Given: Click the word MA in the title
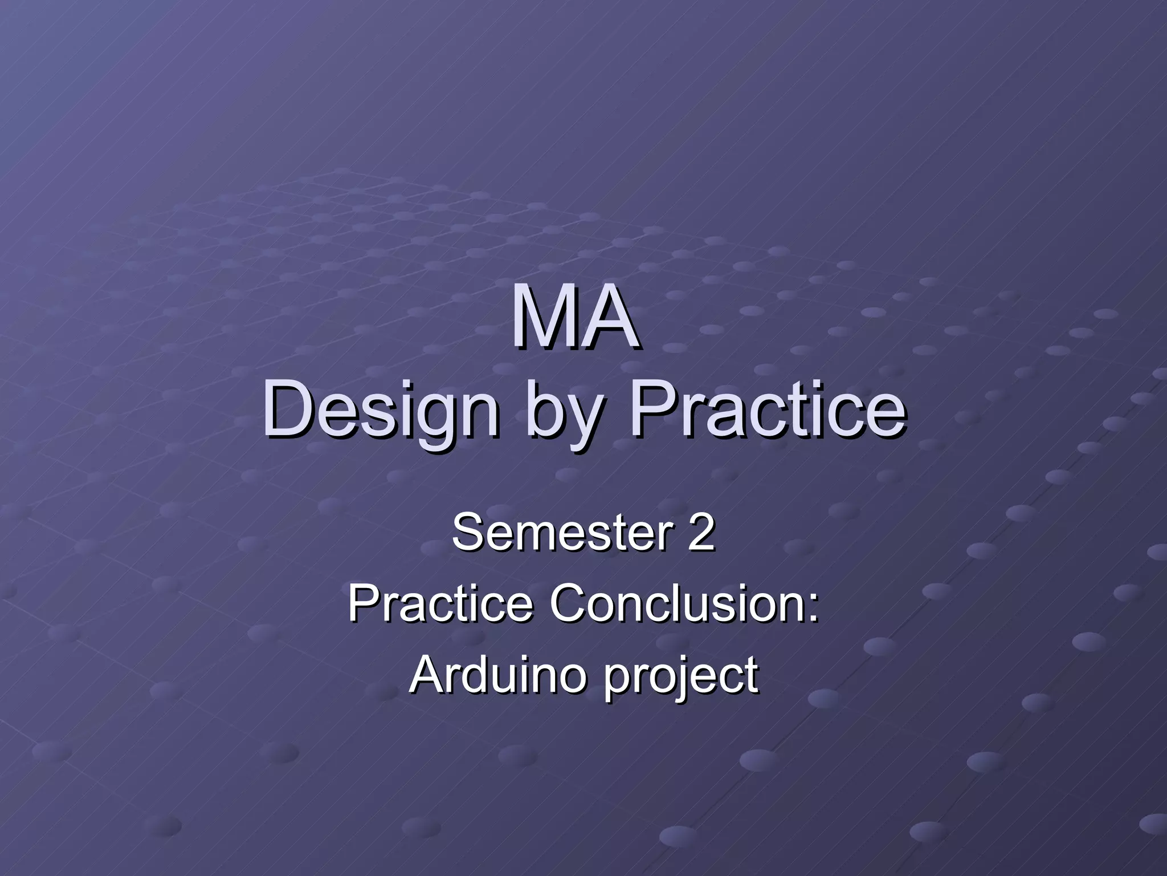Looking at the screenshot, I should (574, 319).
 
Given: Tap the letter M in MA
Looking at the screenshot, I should (541, 319).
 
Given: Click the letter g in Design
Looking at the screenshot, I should (425, 419).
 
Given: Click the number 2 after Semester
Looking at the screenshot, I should (700, 532).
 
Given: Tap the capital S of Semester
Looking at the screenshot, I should (467, 532).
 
